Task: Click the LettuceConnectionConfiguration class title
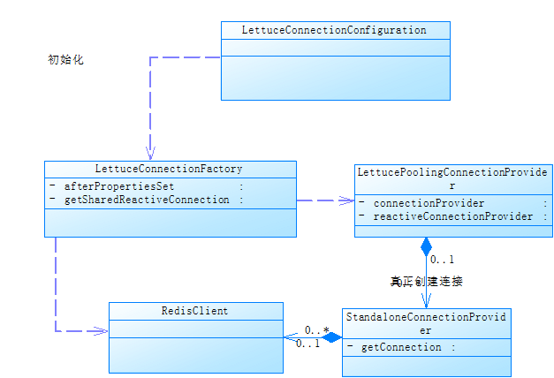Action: pos(334,30)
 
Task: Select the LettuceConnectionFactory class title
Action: pos(169,169)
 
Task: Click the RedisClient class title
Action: pos(195,311)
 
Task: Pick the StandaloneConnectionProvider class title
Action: pos(426,323)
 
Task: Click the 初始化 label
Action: pos(65,61)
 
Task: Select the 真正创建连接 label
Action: pos(426,282)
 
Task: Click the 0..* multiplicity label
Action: pos(317,330)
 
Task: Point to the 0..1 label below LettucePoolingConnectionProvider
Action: pos(443,260)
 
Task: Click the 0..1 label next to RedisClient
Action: pos(307,344)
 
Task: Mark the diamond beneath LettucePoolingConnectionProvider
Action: pos(426,246)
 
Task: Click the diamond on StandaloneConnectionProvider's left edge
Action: pos(331,336)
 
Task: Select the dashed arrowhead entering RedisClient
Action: pos(102,331)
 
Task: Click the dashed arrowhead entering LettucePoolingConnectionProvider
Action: pos(348,200)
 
